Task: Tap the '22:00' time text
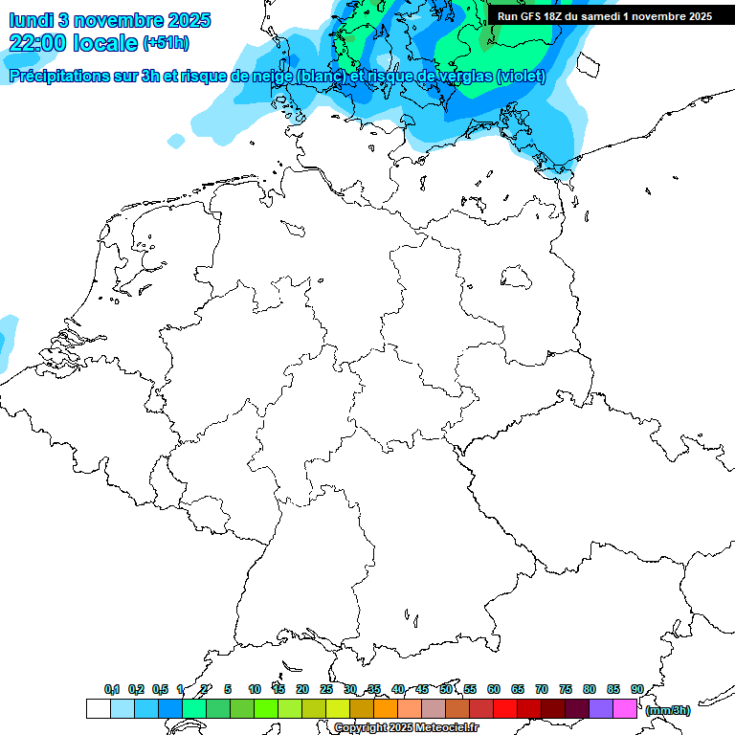pos(37,43)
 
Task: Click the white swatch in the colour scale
pos(98,708)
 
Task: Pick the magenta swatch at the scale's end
pos(625,708)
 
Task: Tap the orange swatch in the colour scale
pos(386,708)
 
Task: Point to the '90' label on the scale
pos(636,689)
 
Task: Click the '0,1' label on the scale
pos(112,689)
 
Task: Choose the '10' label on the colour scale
pos(255,689)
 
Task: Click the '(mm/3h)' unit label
pos(668,710)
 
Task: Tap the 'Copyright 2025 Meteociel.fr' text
pos(406,727)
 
